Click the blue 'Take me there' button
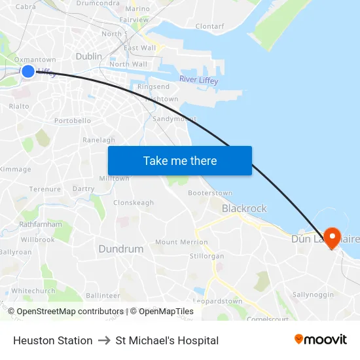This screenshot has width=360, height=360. click(180, 161)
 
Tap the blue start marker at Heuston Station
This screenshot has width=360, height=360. click(28, 71)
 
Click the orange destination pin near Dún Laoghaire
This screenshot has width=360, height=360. click(332, 238)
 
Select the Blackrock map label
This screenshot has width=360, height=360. click(244, 208)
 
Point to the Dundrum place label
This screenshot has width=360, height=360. click(120, 249)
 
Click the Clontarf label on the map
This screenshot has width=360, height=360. click(209, 27)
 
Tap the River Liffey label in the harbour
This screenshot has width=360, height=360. click(199, 81)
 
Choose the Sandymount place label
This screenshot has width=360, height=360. click(173, 119)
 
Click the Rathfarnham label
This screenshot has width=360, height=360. click(41, 224)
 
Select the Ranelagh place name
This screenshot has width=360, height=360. click(99, 140)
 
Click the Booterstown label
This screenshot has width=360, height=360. click(209, 193)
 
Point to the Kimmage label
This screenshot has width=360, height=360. click(16, 170)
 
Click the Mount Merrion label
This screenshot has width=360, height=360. click(181, 242)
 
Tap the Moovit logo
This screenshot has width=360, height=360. click(321, 340)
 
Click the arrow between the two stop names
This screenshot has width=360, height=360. click(104, 340)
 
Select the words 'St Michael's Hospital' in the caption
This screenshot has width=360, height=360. click(167, 340)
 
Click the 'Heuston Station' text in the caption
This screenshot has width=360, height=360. click(53, 340)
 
